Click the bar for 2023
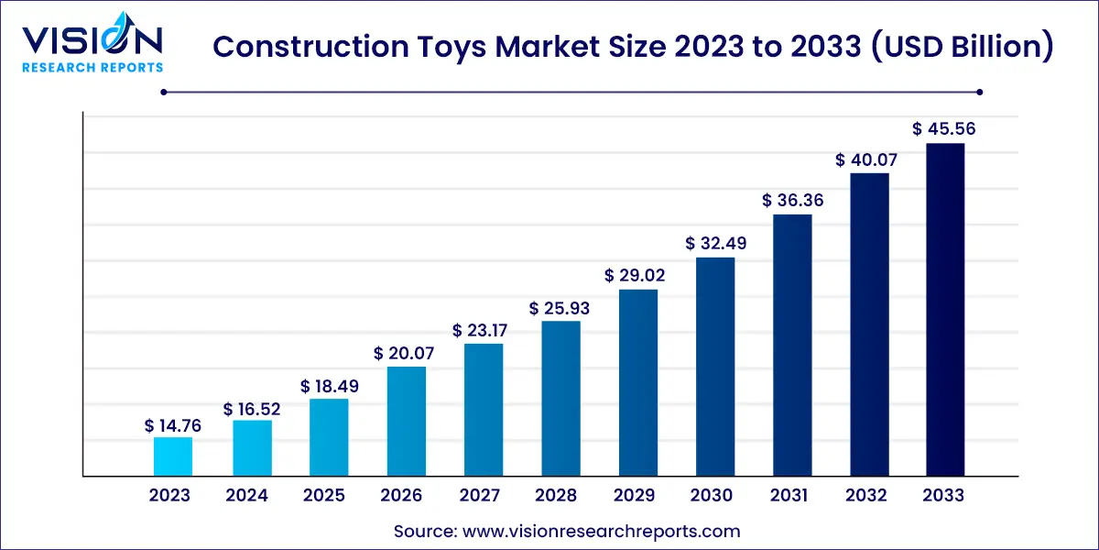(172, 456)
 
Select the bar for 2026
(406, 421)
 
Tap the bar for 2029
(638, 382)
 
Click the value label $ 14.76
(172, 425)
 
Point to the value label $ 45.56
(944, 129)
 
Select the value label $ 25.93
(560, 309)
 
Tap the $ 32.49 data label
(715, 245)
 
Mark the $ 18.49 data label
(328, 387)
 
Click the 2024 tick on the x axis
(247, 496)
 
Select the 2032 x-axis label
(866, 496)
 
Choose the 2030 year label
(712, 496)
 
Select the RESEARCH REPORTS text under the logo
(92, 67)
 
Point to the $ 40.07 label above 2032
(866, 160)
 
